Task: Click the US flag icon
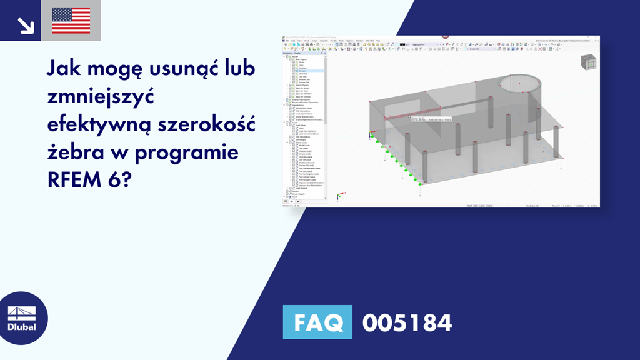[71, 21]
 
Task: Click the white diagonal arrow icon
[25, 25]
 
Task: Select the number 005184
[407, 323]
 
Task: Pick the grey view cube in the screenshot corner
[588, 62]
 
